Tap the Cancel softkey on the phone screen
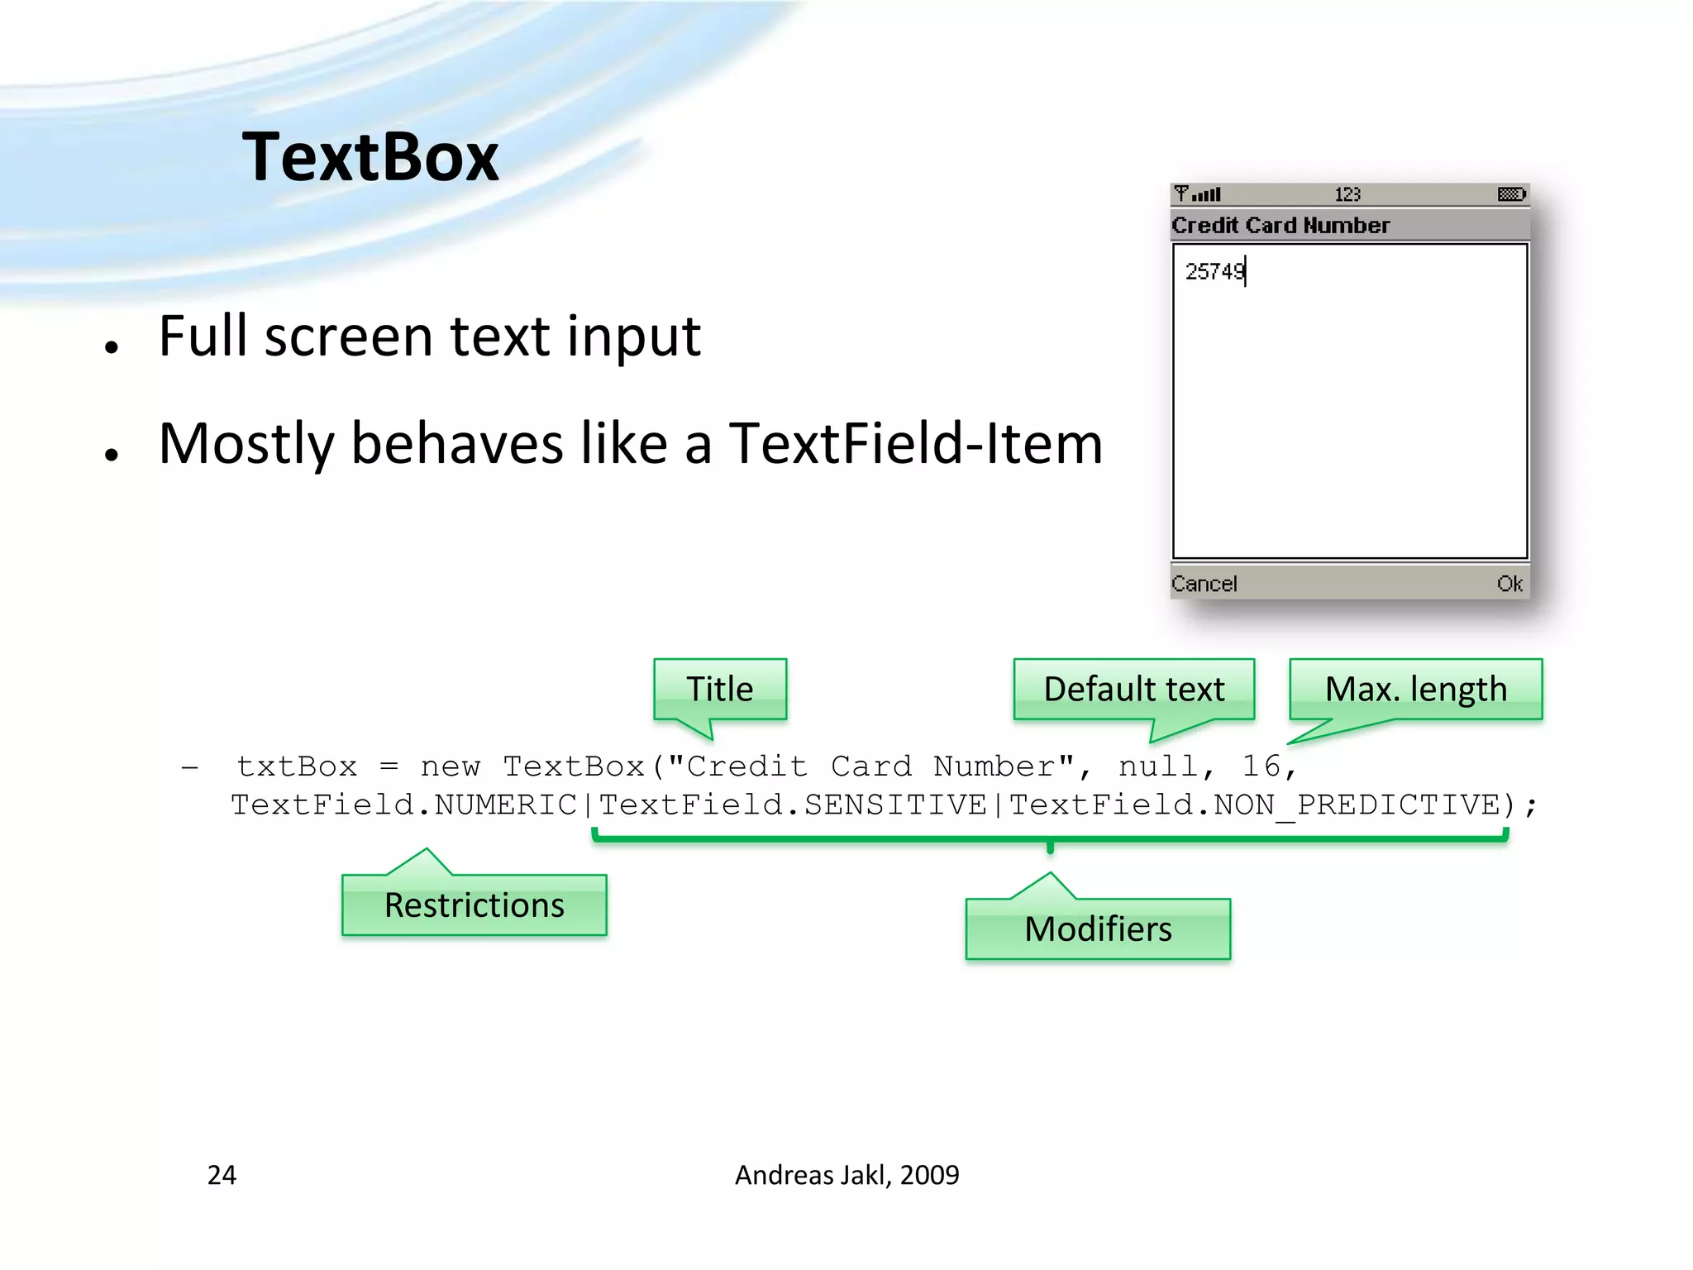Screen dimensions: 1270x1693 (x=1204, y=584)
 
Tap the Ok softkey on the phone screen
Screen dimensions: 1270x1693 (x=1509, y=584)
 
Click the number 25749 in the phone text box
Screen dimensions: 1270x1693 (x=1214, y=271)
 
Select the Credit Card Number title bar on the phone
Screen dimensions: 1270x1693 (x=1280, y=225)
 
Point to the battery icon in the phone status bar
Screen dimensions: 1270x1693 (x=1511, y=194)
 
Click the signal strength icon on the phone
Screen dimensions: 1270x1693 (x=1198, y=194)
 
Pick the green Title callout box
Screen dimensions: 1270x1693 (x=719, y=689)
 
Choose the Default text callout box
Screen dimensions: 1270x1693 (x=1133, y=689)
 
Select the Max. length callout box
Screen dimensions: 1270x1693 (x=1415, y=689)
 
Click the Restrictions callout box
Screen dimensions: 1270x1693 (x=474, y=905)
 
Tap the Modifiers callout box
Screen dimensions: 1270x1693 (x=1098, y=929)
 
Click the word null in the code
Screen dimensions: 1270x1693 (x=1157, y=766)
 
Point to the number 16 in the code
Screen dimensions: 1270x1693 (x=1261, y=766)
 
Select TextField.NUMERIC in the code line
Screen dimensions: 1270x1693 (x=403, y=804)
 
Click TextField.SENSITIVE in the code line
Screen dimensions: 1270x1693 (x=793, y=804)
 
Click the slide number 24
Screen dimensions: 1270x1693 (x=222, y=1175)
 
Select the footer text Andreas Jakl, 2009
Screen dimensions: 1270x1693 (x=846, y=1175)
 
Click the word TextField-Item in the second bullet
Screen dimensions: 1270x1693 (x=915, y=444)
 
